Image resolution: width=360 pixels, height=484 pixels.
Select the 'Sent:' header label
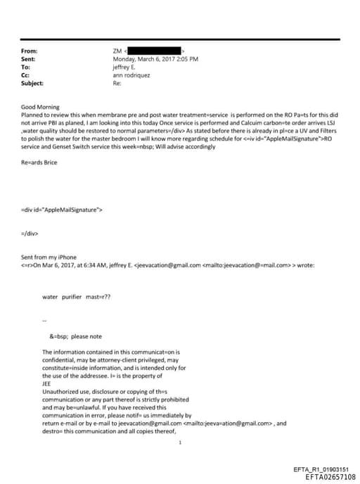[30, 59]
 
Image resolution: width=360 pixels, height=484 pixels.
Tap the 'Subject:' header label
[32, 82]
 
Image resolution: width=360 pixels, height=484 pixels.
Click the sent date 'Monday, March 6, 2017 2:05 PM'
[155, 59]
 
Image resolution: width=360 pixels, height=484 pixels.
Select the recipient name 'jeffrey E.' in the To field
[125, 67]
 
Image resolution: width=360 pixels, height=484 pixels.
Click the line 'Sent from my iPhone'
[48, 257]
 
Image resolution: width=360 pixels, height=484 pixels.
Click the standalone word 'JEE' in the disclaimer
[47, 383]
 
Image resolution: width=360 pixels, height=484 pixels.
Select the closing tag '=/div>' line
[30, 233]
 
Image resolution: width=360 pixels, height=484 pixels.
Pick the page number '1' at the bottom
[181, 442]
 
